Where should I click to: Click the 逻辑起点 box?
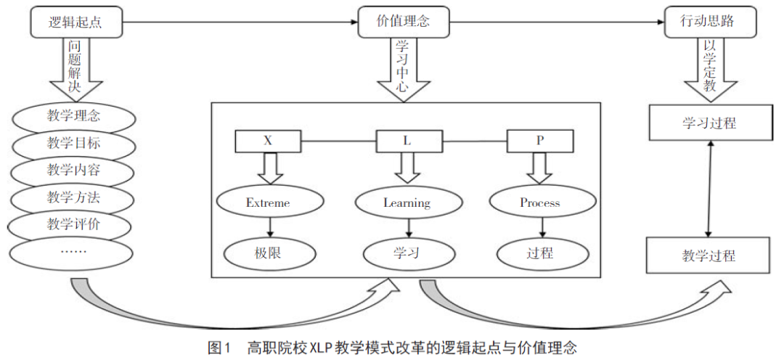[x=74, y=22]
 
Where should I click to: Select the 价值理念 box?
[x=404, y=22]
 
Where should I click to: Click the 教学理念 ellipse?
[x=73, y=116]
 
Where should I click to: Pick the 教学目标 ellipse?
[x=73, y=143]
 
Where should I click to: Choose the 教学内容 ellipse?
[x=73, y=170]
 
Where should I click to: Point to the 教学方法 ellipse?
[x=73, y=197]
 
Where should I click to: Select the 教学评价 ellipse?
[x=73, y=224]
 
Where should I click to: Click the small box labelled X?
[x=269, y=141]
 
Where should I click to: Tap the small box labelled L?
[x=407, y=141]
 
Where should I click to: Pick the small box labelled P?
[x=539, y=141]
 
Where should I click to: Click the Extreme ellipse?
[x=268, y=202]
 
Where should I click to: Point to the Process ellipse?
[x=539, y=202]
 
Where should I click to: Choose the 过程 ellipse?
[x=539, y=253]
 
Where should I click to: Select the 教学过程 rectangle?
[x=709, y=255]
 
